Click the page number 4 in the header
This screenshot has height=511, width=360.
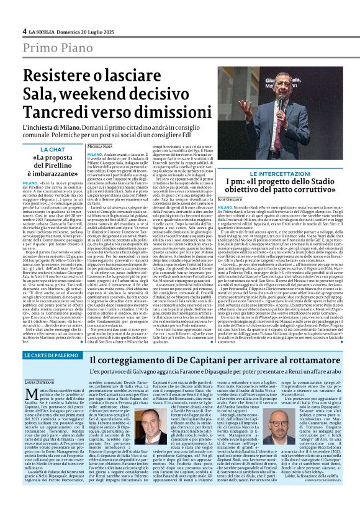(x=24, y=30)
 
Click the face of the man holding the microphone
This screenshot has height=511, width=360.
(x=281, y=88)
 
